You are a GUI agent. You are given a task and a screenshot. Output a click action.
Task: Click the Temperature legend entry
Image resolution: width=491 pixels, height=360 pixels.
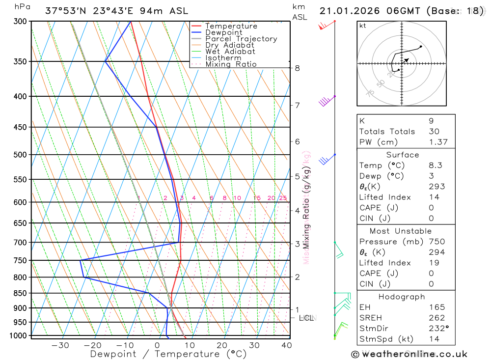(x=231, y=26)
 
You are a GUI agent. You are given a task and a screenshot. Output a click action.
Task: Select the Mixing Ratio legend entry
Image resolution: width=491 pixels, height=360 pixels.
(x=231, y=64)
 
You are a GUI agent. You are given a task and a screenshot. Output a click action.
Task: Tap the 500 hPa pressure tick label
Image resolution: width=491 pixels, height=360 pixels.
(x=20, y=155)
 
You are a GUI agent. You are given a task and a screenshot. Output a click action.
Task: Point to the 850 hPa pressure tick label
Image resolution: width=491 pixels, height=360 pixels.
(x=20, y=293)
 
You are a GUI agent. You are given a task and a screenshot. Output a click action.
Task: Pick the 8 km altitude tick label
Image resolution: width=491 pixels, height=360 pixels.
(x=297, y=68)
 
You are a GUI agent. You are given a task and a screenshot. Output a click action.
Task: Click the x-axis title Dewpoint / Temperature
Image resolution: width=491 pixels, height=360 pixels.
(x=168, y=354)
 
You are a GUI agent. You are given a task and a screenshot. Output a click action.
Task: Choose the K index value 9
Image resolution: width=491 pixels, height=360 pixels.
(x=431, y=121)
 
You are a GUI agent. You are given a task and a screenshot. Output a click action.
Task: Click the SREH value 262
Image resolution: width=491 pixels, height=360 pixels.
(x=436, y=318)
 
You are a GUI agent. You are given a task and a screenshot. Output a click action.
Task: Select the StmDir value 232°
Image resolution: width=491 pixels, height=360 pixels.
(x=437, y=329)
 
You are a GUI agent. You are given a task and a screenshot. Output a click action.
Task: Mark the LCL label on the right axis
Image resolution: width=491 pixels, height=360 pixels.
(x=307, y=318)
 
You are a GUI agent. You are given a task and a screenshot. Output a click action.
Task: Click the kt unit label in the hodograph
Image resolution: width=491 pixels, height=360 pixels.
(x=363, y=26)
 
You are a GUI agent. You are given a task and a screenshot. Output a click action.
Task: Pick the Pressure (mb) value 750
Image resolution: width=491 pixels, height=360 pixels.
(x=436, y=242)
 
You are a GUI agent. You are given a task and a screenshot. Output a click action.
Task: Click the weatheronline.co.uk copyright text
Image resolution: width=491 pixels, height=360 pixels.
(x=409, y=354)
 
